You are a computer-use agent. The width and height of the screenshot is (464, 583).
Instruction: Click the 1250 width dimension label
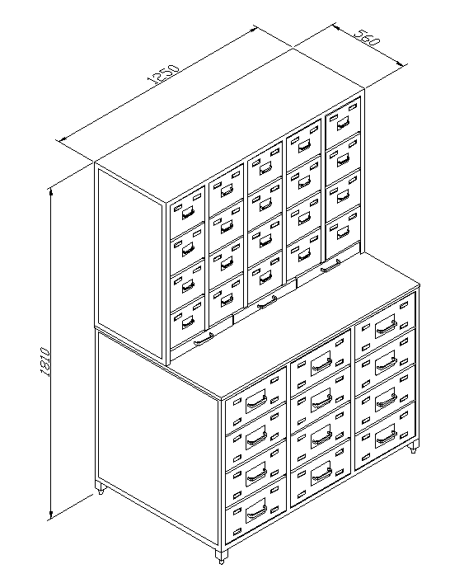pyautogui.click(x=163, y=73)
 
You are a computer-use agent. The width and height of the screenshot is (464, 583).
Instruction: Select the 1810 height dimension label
pyautogui.click(x=45, y=362)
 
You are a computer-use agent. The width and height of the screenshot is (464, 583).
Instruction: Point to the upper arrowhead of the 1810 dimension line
pyautogui.click(x=51, y=192)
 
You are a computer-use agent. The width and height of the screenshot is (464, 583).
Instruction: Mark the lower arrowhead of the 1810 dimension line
pyautogui.click(x=51, y=515)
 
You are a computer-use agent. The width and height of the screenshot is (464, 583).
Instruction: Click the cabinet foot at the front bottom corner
pyautogui.click(x=221, y=557)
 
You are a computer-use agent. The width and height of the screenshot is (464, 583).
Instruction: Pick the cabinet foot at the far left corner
pyautogui.click(x=100, y=488)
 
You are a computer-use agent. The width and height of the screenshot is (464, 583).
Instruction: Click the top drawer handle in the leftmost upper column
pyautogui.click(x=188, y=213)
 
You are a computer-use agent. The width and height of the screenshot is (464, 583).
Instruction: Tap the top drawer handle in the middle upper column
pyautogui.click(x=265, y=168)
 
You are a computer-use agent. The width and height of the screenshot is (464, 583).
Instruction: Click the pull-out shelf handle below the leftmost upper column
pyautogui.click(x=204, y=339)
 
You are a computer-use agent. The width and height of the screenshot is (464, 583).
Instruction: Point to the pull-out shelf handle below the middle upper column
pyautogui.click(x=267, y=303)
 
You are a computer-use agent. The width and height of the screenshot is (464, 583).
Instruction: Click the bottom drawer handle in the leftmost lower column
pyautogui.click(x=256, y=513)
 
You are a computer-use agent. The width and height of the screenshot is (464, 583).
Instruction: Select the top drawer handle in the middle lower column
pyautogui.click(x=321, y=364)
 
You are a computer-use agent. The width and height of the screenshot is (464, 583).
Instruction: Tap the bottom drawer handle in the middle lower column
pyautogui.click(x=321, y=474)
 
